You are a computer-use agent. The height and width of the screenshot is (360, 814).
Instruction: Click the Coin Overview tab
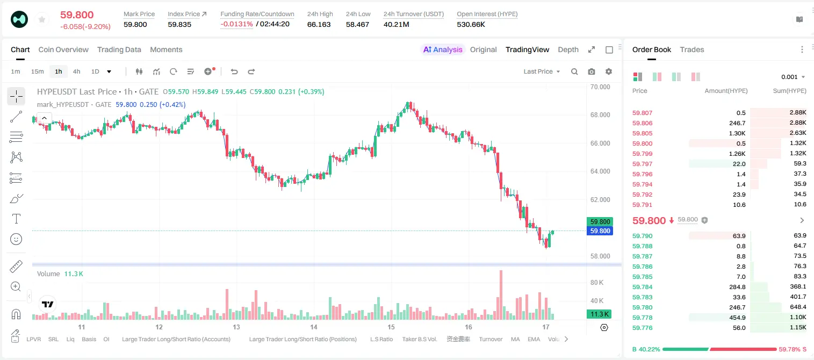pyautogui.click(x=63, y=49)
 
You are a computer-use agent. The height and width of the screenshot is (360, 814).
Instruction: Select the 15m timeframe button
pyautogui.click(x=37, y=71)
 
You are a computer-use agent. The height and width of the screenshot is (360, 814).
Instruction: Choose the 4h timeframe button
pyautogui.click(x=76, y=71)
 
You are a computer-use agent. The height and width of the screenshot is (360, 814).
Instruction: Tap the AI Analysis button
pyautogui.click(x=443, y=49)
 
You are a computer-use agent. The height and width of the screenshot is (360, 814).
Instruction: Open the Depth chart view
pyautogui.click(x=568, y=49)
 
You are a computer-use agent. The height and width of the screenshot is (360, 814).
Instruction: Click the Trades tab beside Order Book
pyautogui.click(x=692, y=49)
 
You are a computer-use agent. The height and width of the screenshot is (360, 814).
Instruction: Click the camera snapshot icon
pyautogui.click(x=592, y=71)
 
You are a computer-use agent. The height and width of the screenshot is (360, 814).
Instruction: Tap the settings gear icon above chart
pyautogui.click(x=609, y=71)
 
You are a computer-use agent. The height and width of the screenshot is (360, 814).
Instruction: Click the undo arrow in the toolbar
pyautogui.click(x=234, y=71)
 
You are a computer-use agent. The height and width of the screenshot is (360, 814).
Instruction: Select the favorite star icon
pyautogui.click(x=42, y=20)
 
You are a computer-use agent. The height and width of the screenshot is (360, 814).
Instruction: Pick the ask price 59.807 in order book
pyautogui.click(x=642, y=113)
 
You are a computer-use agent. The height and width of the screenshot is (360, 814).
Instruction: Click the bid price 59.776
pyautogui.click(x=642, y=328)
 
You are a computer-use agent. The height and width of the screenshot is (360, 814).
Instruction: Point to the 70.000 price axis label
pyautogui.click(x=600, y=87)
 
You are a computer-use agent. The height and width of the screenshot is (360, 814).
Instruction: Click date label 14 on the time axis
pyautogui.click(x=314, y=327)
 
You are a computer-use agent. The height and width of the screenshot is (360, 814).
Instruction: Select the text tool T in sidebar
pyautogui.click(x=16, y=219)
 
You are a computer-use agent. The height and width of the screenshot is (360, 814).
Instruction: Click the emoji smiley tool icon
pyautogui.click(x=16, y=239)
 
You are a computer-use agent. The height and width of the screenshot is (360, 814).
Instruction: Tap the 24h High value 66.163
pyautogui.click(x=319, y=24)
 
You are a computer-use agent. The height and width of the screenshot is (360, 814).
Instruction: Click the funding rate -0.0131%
pyautogui.click(x=236, y=24)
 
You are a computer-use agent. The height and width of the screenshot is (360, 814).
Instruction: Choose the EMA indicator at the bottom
pyautogui.click(x=534, y=339)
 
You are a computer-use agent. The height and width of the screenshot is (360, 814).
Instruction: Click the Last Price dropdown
pyautogui.click(x=542, y=71)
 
